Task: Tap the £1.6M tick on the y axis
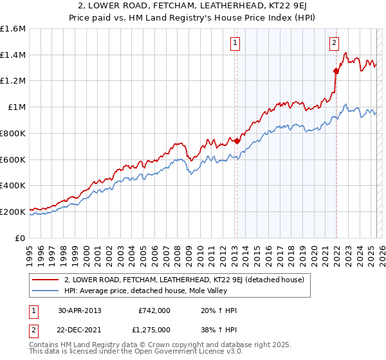click(13, 29)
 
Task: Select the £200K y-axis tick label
click(13, 212)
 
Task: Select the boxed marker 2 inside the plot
click(335, 43)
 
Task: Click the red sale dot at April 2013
click(237, 141)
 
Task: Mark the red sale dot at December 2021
click(336, 71)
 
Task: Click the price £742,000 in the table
click(154, 310)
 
